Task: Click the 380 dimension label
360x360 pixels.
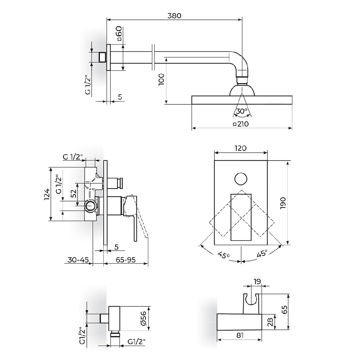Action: tap(174, 15)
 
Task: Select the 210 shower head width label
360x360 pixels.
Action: tap(241, 124)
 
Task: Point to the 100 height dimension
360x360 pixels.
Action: tap(161, 79)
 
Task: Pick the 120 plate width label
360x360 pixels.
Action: tap(240, 148)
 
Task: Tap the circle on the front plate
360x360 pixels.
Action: tap(241, 179)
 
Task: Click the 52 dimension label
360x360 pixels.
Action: tap(74, 193)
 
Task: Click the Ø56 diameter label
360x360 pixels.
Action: tap(143, 319)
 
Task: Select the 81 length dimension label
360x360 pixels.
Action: tap(240, 335)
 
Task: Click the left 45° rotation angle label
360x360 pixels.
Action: tap(224, 255)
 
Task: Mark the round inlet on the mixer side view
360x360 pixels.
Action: tap(91, 206)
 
